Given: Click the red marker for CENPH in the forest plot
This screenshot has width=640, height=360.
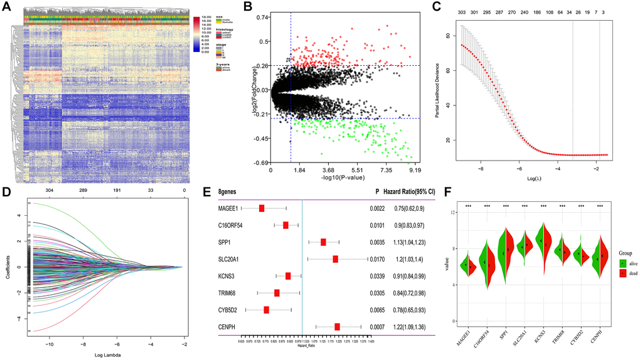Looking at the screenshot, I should pos(338,326).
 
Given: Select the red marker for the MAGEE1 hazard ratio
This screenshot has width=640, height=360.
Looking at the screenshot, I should pos(262,208).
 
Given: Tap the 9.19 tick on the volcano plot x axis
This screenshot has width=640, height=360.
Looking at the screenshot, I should pos(414,170).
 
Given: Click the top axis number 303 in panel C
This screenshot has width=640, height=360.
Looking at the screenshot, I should pos(462,11).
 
